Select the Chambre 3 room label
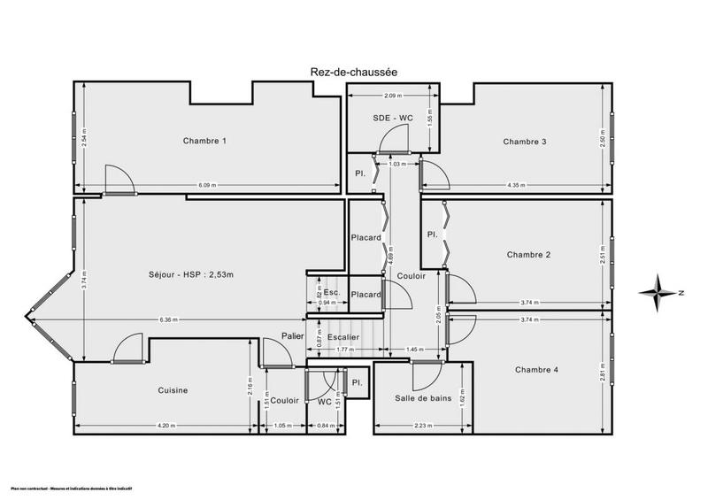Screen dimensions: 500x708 pos(525,142)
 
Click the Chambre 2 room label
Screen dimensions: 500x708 pos(529,255)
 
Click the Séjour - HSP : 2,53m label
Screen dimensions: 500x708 pos(191,275)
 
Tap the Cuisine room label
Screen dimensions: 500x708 pos(173,390)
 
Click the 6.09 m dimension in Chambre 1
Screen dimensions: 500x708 pos(210,185)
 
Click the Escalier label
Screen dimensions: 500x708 pos(343,337)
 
